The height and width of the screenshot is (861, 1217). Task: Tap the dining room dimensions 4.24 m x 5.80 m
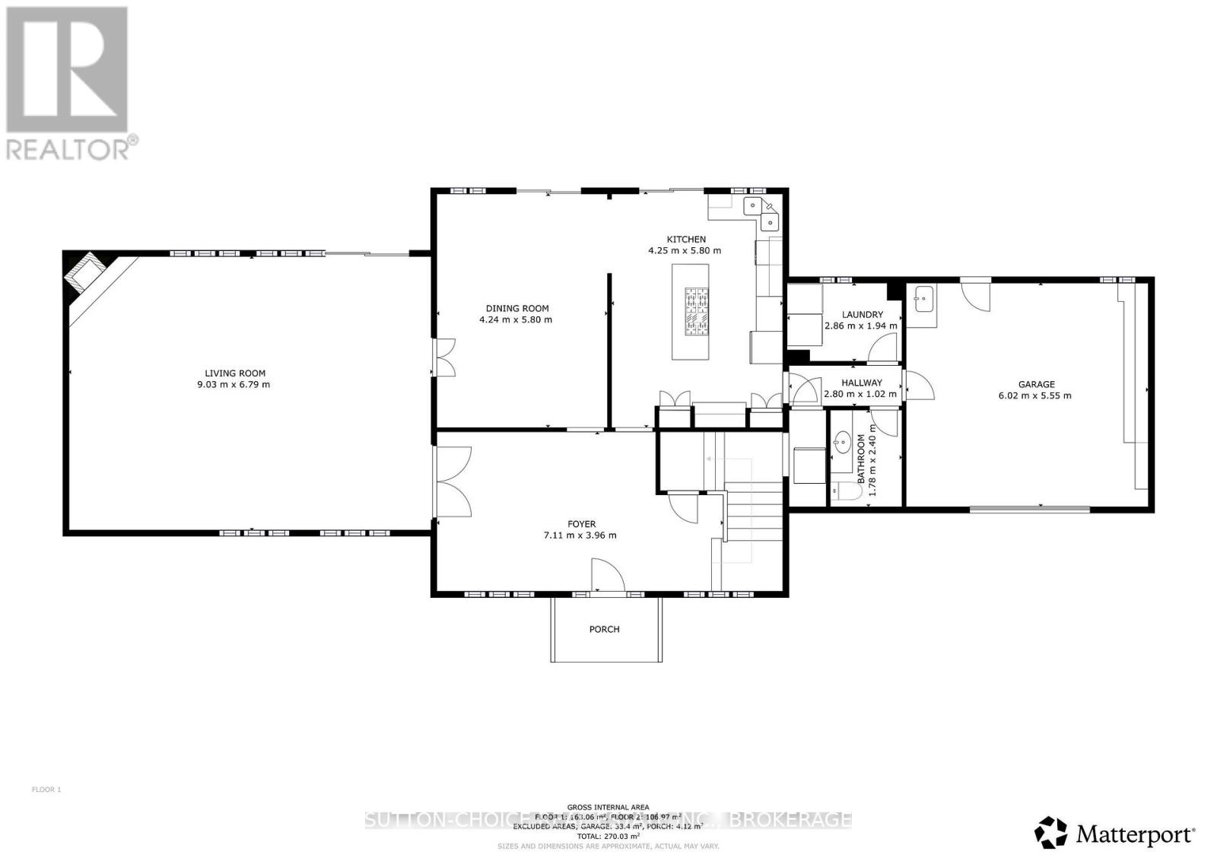tap(515, 319)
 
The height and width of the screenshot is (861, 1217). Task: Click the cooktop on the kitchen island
tap(695, 311)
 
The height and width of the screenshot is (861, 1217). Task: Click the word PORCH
tap(604, 629)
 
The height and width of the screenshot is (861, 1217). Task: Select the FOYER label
tap(581, 523)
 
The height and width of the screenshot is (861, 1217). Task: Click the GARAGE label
tap(1036, 384)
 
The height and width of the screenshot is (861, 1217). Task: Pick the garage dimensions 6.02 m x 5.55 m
tap(1034, 396)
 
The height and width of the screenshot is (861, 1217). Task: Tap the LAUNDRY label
tap(862, 314)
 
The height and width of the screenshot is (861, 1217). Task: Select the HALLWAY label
tap(861, 383)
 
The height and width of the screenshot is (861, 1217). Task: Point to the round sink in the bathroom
tap(842, 442)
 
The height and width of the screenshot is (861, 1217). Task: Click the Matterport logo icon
tap(1051, 832)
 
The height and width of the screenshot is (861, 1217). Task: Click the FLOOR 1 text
tap(46, 790)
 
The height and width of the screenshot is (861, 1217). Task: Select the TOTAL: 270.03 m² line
tap(608, 836)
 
